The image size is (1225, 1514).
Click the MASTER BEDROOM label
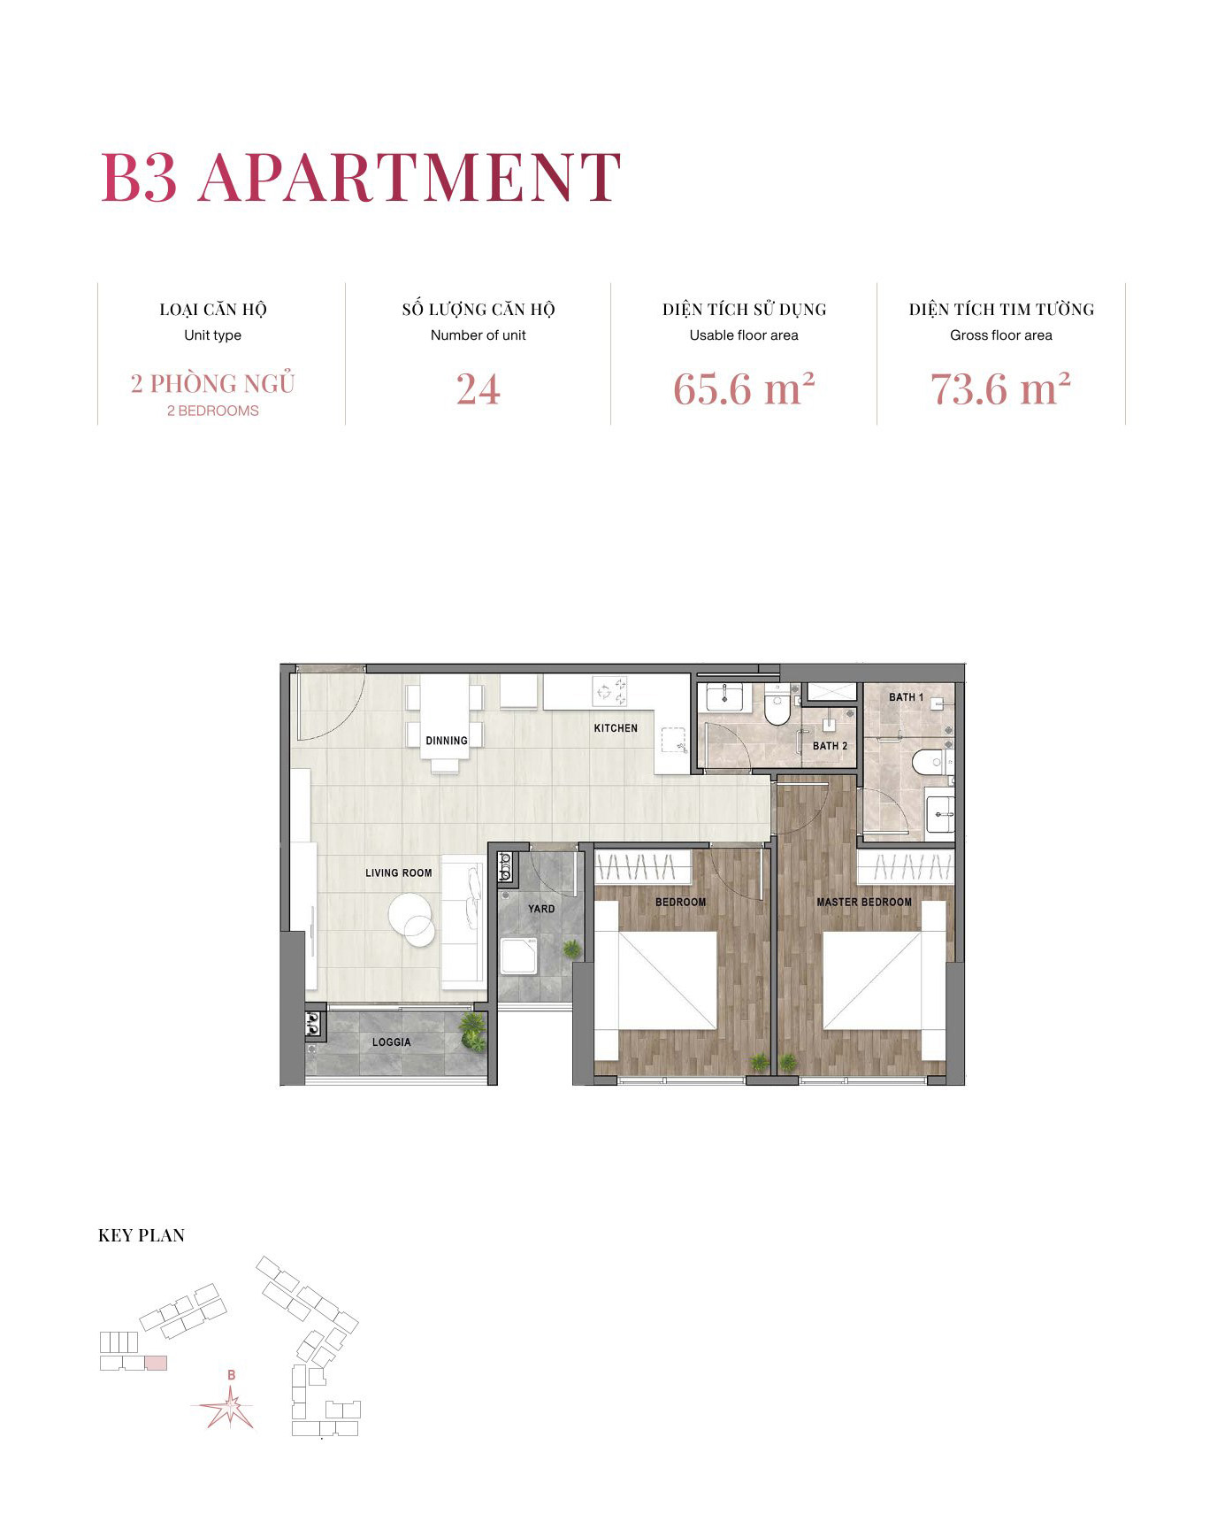863,902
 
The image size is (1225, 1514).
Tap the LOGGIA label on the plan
391,1041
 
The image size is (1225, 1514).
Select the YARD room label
541,909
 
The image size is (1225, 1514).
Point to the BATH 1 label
906,697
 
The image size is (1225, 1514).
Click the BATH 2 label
830,746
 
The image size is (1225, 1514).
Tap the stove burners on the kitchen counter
609,690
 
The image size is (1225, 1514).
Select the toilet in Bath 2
777,707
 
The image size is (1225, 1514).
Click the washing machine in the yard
518,956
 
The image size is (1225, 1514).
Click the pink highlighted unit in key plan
156,1363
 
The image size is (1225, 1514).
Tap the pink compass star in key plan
229,1406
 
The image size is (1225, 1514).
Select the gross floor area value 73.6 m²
1000,388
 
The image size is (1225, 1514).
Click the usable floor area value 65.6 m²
743,388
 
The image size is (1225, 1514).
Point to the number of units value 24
478,389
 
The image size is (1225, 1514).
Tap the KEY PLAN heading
142,1235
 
